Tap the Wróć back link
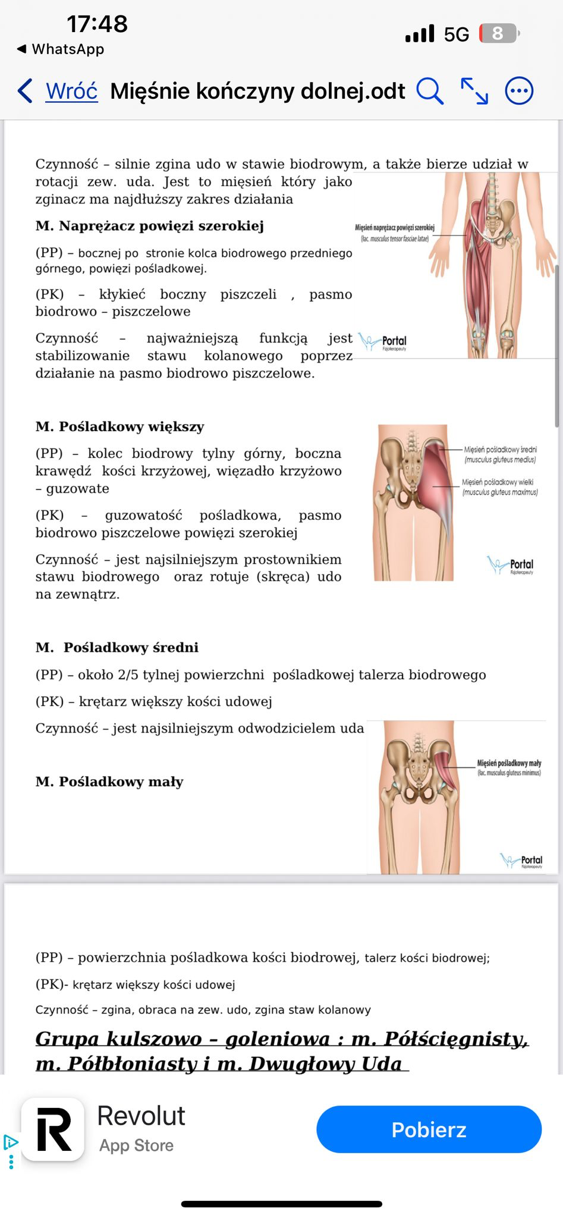(x=71, y=91)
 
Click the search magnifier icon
(x=429, y=91)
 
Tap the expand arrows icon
(x=474, y=91)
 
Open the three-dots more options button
(x=519, y=91)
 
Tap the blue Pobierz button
(x=429, y=1129)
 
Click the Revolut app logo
(x=53, y=1129)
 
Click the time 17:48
(x=97, y=24)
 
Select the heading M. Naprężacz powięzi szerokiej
(x=149, y=226)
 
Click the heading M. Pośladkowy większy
(x=119, y=426)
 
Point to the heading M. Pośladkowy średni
(x=117, y=647)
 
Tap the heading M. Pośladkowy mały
(x=109, y=781)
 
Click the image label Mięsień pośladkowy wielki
(x=498, y=482)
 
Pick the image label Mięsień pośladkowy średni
(x=499, y=450)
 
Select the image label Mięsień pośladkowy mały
(x=509, y=763)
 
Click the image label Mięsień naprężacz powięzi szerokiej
(x=395, y=228)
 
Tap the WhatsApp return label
(x=61, y=49)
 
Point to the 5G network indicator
(x=456, y=34)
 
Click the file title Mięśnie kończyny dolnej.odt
(x=257, y=91)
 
